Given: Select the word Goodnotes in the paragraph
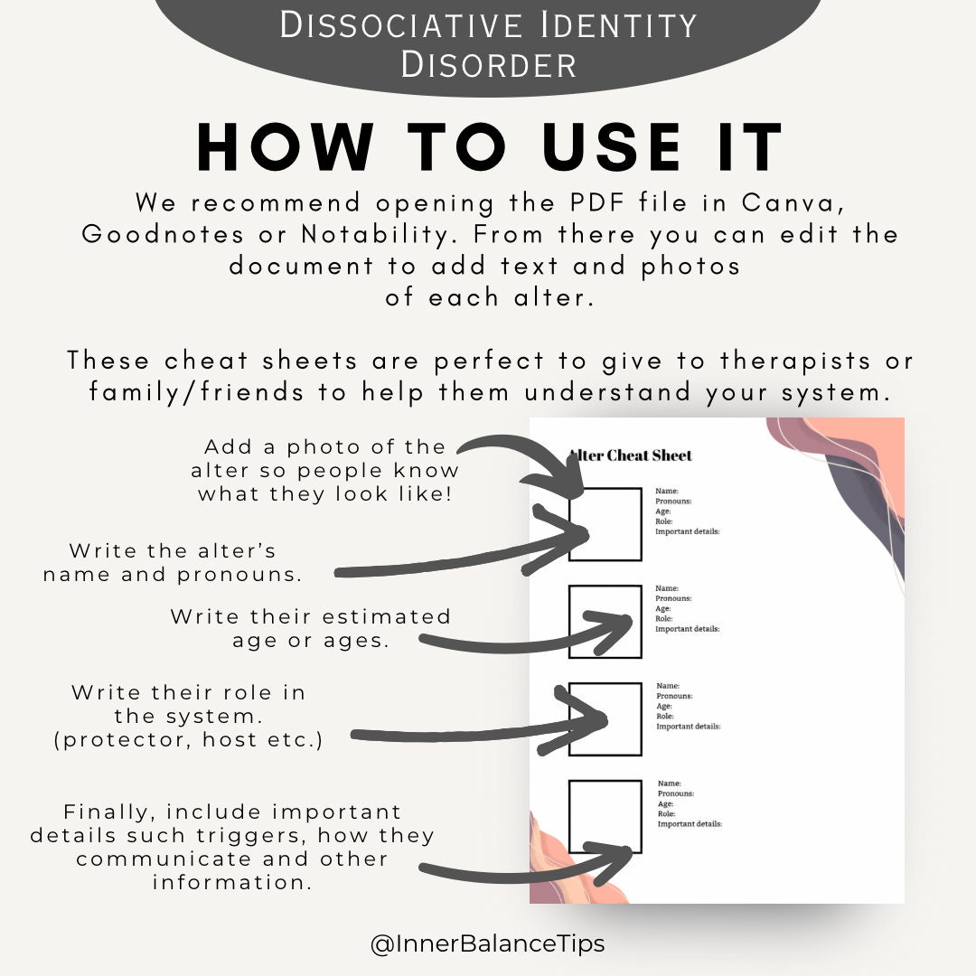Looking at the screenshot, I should pyautogui.click(x=162, y=234).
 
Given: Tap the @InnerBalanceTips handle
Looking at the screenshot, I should pyautogui.click(x=487, y=944).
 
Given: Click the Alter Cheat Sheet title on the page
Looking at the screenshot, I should pyautogui.click(x=631, y=455).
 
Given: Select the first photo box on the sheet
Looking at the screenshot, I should pyautogui.click(x=605, y=525).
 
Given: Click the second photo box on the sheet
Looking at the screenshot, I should pyautogui.click(x=605, y=622).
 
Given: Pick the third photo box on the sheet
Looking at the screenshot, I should pyautogui.click(x=605, y=719).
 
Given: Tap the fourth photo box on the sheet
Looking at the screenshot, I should pyautogui.click(x=605, y=817).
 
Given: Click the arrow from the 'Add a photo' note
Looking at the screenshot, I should pyautogui.click(x=524, y=461).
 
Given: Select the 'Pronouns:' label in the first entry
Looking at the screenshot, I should pyautogui.click(x=673, y=502).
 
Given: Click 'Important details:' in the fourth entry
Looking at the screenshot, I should pyautogui.click(x=690, y=824).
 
